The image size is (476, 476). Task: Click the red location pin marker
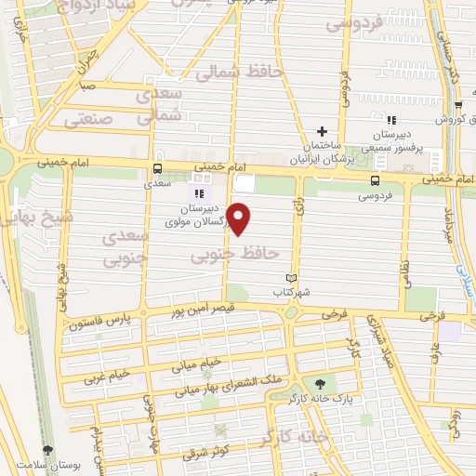point(240,218)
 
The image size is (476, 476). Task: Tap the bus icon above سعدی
point(157,168)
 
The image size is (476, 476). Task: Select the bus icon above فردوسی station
point(375,180)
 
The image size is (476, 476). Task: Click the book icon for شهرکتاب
point(290,278)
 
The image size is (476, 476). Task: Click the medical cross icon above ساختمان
point(322,131)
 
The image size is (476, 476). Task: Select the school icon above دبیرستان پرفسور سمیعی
point(391,120)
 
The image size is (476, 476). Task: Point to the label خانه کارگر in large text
point(297,435)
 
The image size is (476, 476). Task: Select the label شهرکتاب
point(290,292)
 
